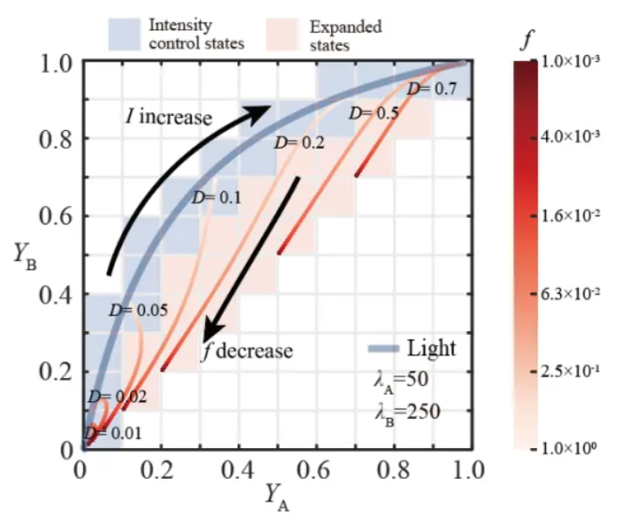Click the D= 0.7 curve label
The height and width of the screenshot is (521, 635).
pos(432,89)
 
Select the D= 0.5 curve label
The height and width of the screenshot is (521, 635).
pos(373,113)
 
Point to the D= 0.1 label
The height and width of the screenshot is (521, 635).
pos(216,197)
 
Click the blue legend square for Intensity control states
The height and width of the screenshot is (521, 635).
pos(124,36)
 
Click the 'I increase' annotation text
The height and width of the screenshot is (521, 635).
pos(169,118)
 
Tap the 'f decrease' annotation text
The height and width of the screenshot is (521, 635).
pos(247,352)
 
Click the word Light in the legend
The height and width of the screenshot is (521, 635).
pos(431,349)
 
